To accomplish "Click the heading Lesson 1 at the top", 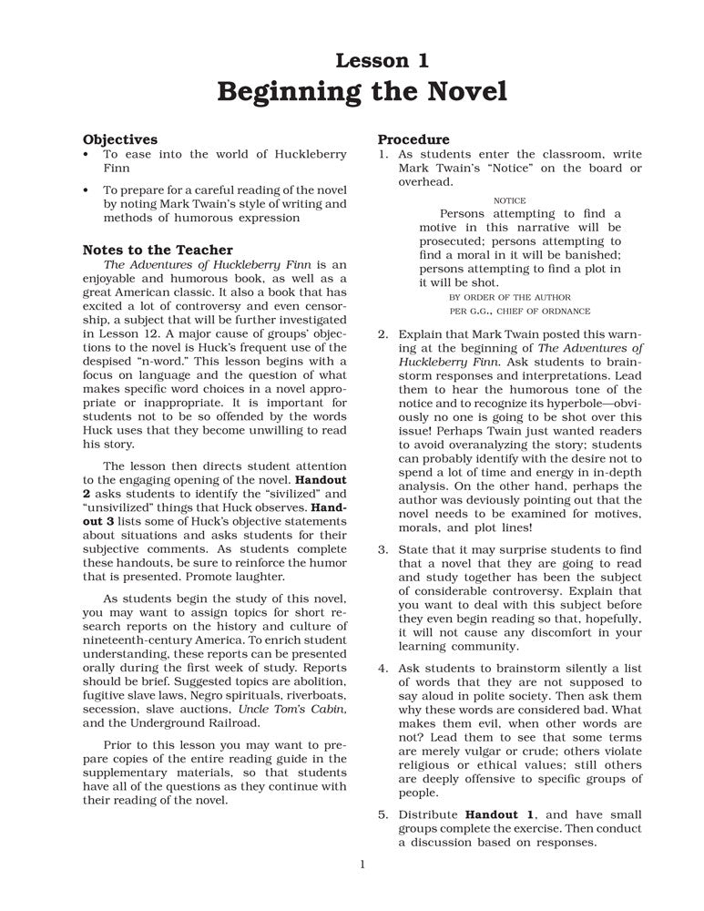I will click(x=382, y=61).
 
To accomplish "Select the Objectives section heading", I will click(x=120, y=139).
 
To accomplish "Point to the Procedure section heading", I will click(x=413, y=139).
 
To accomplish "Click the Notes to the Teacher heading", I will click(x=158, y=250).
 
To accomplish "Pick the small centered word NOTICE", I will click(x=509, y=200).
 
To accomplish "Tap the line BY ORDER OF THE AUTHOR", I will click(x=510, y=297).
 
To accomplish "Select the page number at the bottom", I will click(x=362, y=864).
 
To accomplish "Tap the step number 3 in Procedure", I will click(x=383, y=549).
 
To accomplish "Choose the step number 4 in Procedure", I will click(x=383, y=668).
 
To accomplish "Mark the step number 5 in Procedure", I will click(x=383, y=814).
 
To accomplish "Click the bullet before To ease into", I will click(x=86, y=155).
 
